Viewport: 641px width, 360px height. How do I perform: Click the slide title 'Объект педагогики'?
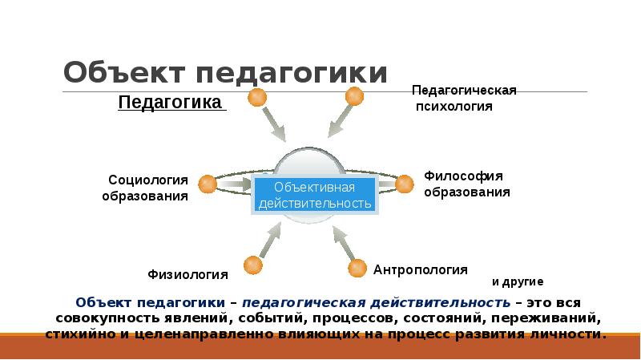coord(226,73)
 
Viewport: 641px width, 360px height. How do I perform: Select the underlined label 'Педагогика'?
coord(170,103)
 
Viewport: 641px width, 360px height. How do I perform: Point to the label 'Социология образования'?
coord(145,187)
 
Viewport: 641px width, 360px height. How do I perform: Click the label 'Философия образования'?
coord(466,184)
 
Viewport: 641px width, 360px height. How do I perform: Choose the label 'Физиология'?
coord(187,274)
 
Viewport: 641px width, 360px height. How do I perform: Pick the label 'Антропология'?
coord(420,270)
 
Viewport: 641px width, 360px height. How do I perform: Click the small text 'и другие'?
coord(517,281)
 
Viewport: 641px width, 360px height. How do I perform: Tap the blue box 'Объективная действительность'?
coord(315,194)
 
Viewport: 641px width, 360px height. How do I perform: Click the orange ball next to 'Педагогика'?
coord(256,98)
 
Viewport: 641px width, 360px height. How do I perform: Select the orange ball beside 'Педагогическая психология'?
coord(354,97)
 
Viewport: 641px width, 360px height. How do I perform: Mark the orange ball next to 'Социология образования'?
coord(208,184)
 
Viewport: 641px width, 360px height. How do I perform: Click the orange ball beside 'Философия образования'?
coord(405,184)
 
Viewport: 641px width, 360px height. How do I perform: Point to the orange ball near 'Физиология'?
coord(253,264)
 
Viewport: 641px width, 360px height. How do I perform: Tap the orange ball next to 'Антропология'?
coord(355,268)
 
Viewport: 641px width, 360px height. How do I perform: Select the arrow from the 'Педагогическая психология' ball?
coord(338,122)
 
